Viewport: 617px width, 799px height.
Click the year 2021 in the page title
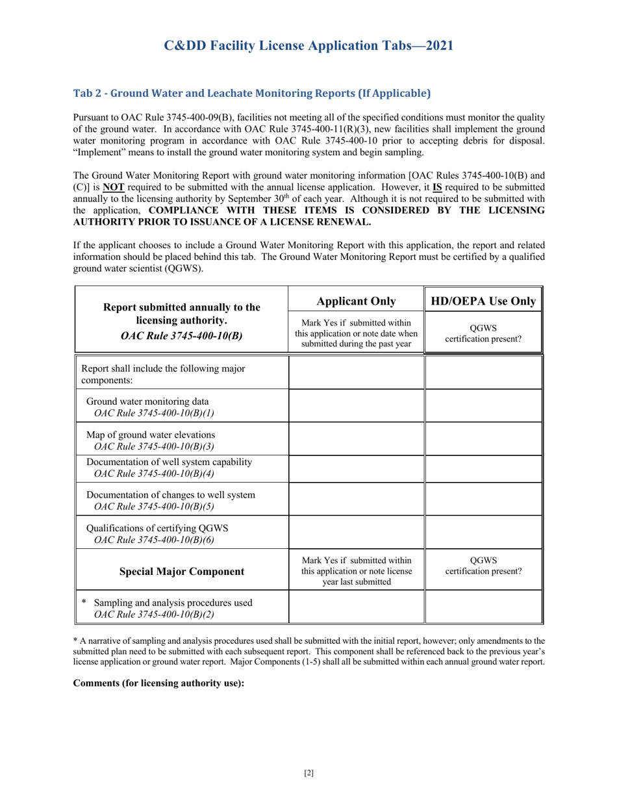pyautogui.click(x=436, y=45)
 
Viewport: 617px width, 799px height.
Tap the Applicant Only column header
pyautogui.click(x=356, y=301)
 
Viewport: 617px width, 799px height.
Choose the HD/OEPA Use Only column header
pyautogui.click(x=483, y=301)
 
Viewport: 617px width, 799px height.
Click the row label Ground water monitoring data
pyautogui.click(x=147, y=401)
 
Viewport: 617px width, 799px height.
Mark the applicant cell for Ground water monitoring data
pyautogui.click(x=356, y=406)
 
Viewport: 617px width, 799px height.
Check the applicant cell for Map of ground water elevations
pyautogui.click(x=356, y=439)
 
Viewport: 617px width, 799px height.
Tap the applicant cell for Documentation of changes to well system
pyautogui.click(x=356, y=499)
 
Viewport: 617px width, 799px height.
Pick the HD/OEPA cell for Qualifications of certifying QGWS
pyautogui.click(x=483, y=532)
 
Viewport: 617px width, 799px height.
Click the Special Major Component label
pyautogui.click(x=182, y=572)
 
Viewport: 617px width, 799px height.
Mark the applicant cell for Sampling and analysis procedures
pyautogui.click(x=356, y=607)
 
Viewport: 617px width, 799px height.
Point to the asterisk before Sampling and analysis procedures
pyautogui.click(x=84, y=602)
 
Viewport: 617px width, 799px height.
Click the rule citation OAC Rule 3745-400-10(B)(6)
pyautogui.click(x=155, y=539)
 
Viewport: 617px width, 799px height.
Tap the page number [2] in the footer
pyautogui.click(x=308, y=772)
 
